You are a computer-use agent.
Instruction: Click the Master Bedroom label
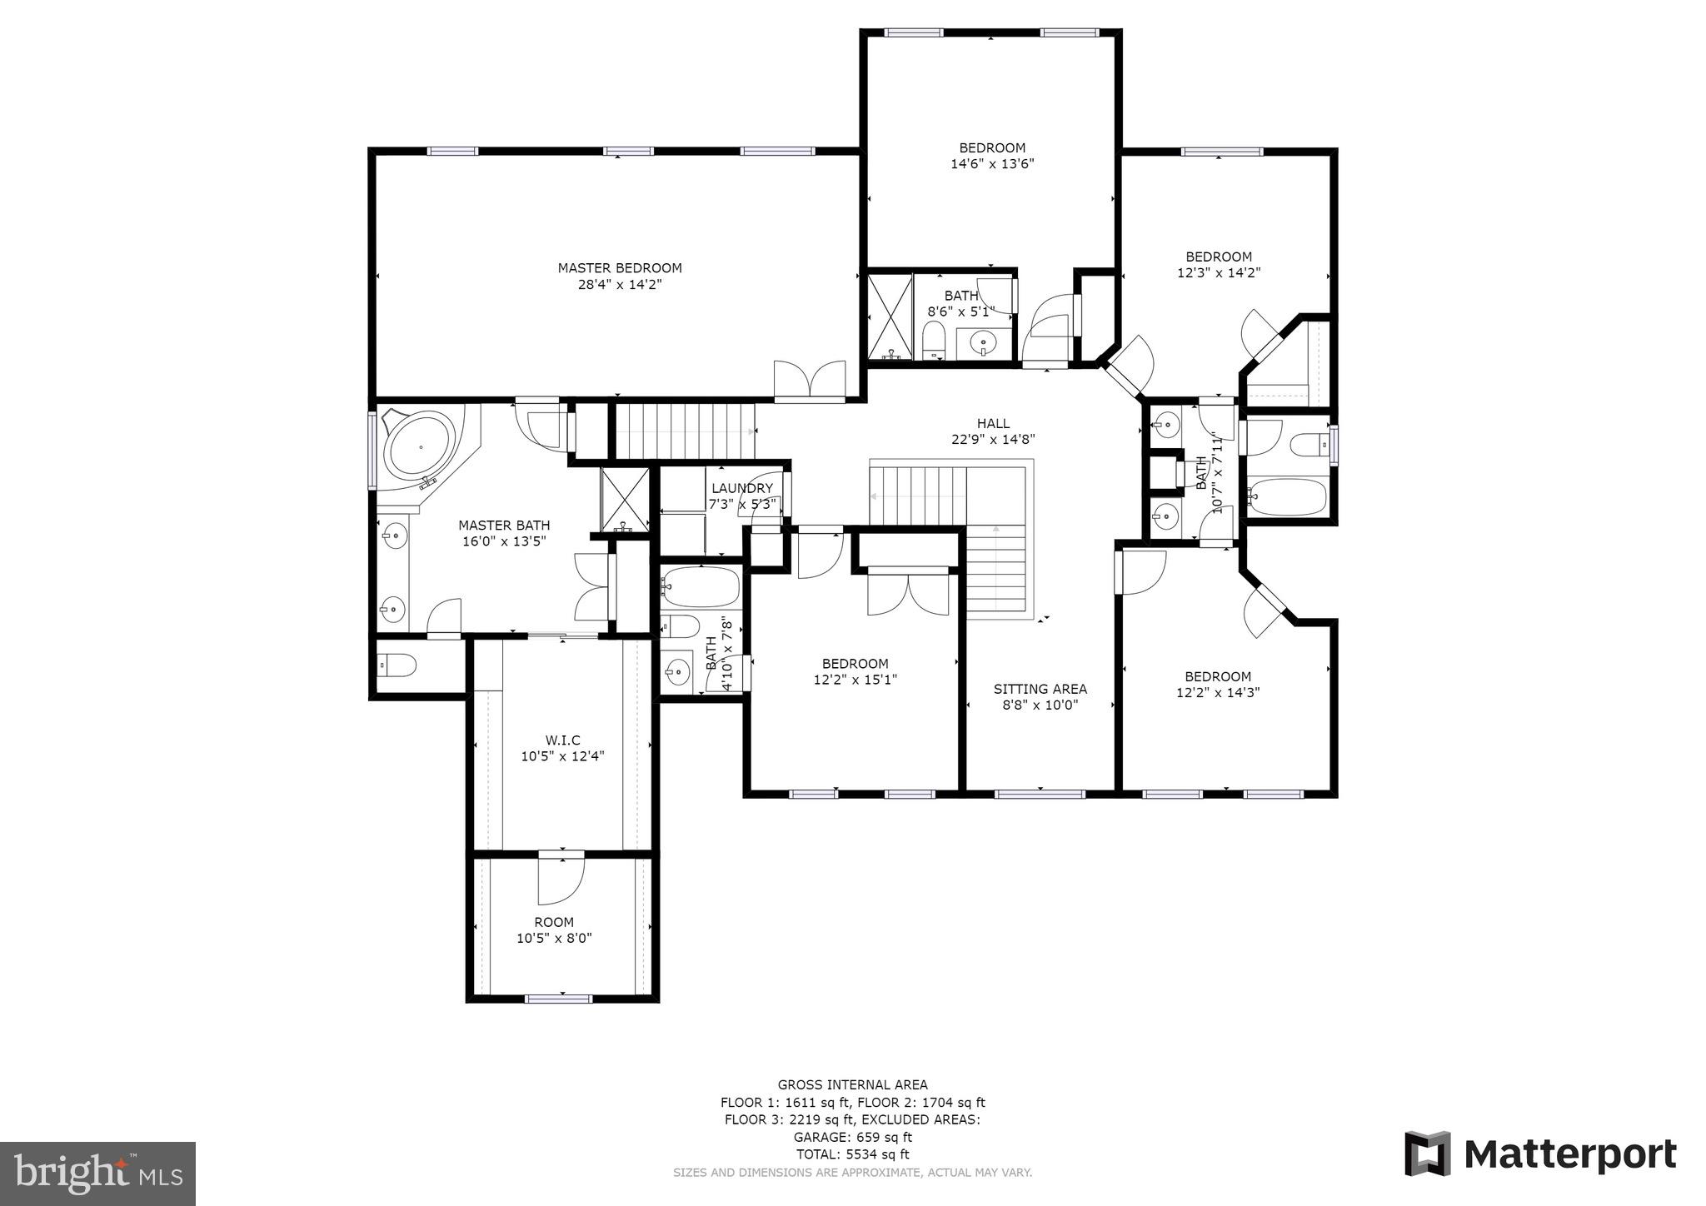(619, 268)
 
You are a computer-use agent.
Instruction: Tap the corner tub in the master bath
(419, 446)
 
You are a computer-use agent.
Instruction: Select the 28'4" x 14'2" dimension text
(619, 285)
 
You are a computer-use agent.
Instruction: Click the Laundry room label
(741, 488)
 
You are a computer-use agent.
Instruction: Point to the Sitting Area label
(1040, 689)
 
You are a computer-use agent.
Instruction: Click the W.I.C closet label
(562, 740)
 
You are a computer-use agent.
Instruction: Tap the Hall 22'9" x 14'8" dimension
(993, 440)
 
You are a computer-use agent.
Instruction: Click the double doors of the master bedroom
(810, 381)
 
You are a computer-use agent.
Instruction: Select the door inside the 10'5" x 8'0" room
(560, 881)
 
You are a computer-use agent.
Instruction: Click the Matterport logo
(1540, 1155)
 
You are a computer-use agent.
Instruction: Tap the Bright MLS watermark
(97, 1174)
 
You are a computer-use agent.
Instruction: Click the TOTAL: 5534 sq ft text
(852, 1154)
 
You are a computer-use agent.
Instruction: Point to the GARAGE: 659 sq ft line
(852, 1137)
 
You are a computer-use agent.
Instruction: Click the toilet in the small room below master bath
(397, 665)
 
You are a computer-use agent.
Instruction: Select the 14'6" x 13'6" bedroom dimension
(992, 164)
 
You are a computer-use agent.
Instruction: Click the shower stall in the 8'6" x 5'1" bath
(890, 316)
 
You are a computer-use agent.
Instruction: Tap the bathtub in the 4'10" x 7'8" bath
(701, 588)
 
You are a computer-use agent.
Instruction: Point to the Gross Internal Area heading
(852, 1084)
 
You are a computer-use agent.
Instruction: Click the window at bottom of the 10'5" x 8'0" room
(558, 998)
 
